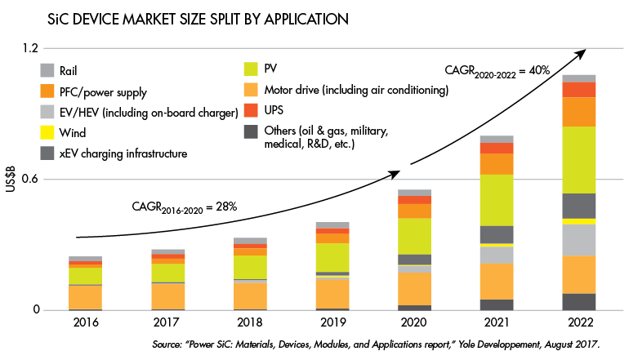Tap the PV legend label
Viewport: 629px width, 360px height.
[274, 69]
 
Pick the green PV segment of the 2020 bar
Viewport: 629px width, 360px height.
[414, 236]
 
